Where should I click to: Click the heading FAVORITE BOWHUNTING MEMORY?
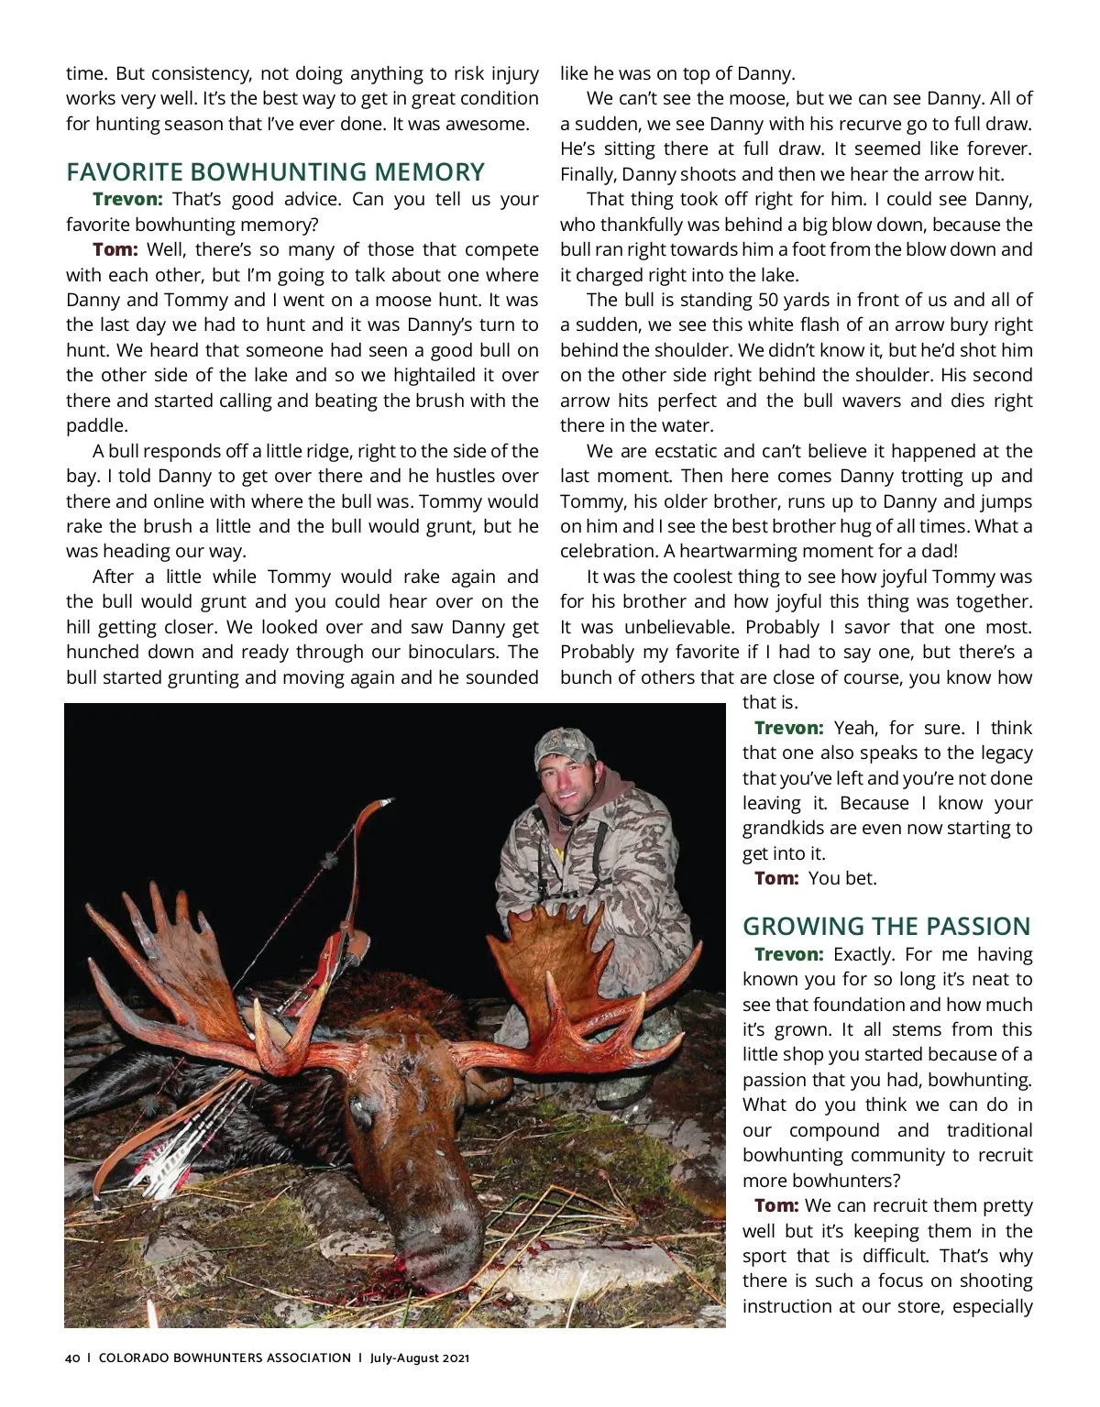[275, 172]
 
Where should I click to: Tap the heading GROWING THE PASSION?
[886, 926]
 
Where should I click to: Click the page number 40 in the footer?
[72, 1358]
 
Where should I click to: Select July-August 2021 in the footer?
[420, 1358]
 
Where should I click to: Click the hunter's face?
[569, 788]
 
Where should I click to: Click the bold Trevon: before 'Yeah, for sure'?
[788, 728]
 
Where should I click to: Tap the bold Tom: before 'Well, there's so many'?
[115, 249]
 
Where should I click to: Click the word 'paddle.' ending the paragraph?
[96, 425]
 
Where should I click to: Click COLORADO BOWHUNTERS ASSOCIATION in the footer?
[225, 1358]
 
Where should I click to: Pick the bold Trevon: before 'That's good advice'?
[127, 199]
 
